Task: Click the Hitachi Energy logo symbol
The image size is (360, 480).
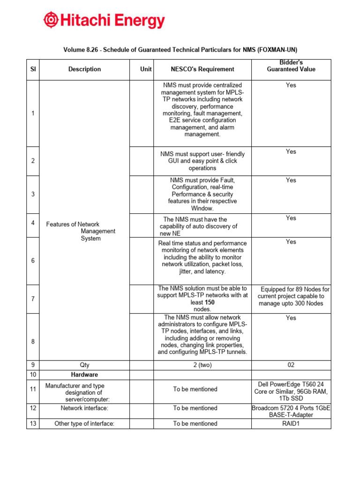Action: (x=52, y=21)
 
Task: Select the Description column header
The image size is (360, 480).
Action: (x=84, y=69)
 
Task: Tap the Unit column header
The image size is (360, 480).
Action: (x=146, y=69)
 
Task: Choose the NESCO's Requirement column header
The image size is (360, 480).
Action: (x=202, y=69)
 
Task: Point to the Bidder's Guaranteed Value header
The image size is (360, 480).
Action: (x=291, y=66)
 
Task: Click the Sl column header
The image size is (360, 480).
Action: (x=33, y=69)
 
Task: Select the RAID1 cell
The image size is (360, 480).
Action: (x=291, y=424)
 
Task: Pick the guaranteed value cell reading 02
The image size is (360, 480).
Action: (x=291, y=365)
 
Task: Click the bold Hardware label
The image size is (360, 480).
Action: (x=84, y=375)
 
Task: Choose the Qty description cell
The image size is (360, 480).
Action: (x=84, y=365)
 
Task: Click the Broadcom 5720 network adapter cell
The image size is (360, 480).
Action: (x=291, y=412)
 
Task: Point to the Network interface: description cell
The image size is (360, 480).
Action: (x=84, y=408)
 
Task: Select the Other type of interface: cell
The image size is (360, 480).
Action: (x=84, y=424)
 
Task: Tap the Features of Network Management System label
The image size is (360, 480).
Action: (x=81, y=231)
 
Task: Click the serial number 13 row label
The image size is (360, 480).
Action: (x=33, y=424)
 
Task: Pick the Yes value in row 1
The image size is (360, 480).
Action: (x=291, y=85)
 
